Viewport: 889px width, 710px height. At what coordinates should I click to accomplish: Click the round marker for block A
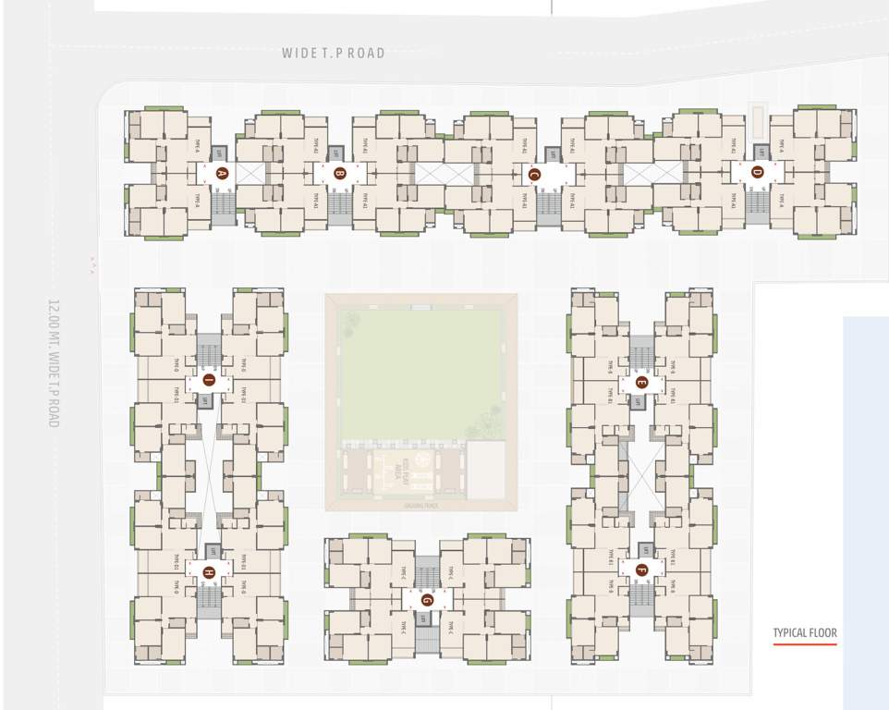(221, 173)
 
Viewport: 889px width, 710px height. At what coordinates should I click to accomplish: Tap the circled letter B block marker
(339, 173)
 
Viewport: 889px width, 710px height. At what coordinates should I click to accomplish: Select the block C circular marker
(533, 173)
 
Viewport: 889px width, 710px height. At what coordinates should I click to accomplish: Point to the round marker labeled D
(757, 171)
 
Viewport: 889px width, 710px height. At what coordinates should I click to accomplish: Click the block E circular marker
(641, 382)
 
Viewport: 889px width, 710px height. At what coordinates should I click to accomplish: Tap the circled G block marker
(426, 599)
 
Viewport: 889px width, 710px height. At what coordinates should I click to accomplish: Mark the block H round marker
(209, 572)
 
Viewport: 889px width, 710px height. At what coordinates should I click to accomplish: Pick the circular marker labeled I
(209, 380)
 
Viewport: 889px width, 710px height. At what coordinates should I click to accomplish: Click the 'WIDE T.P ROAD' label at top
(334, 54)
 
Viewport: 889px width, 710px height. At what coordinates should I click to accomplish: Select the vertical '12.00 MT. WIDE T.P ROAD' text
(54, 361)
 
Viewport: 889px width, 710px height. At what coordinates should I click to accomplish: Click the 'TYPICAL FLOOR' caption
(805, 633)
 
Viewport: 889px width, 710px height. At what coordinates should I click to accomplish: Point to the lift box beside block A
(220, 153)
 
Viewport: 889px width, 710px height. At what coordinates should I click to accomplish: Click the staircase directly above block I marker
(209, 349)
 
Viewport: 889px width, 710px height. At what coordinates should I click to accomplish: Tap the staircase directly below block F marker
(641, 601)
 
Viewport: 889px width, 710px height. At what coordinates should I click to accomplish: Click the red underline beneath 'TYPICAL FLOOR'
(805, 644)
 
